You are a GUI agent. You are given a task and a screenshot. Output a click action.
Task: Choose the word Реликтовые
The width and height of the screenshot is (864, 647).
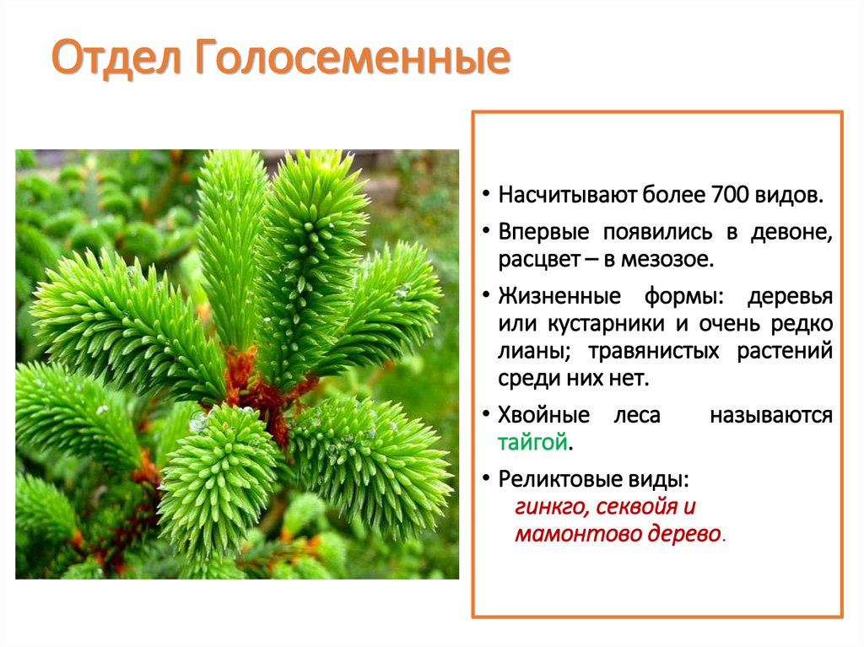[x=559, y=479]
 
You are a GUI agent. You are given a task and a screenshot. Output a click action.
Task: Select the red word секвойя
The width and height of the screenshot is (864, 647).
[x=636, y=507]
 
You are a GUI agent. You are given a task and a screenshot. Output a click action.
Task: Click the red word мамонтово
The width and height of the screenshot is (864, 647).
[x=570, y=534]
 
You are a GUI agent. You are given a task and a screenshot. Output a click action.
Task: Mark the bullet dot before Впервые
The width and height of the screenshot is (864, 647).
[x=487, y=232]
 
